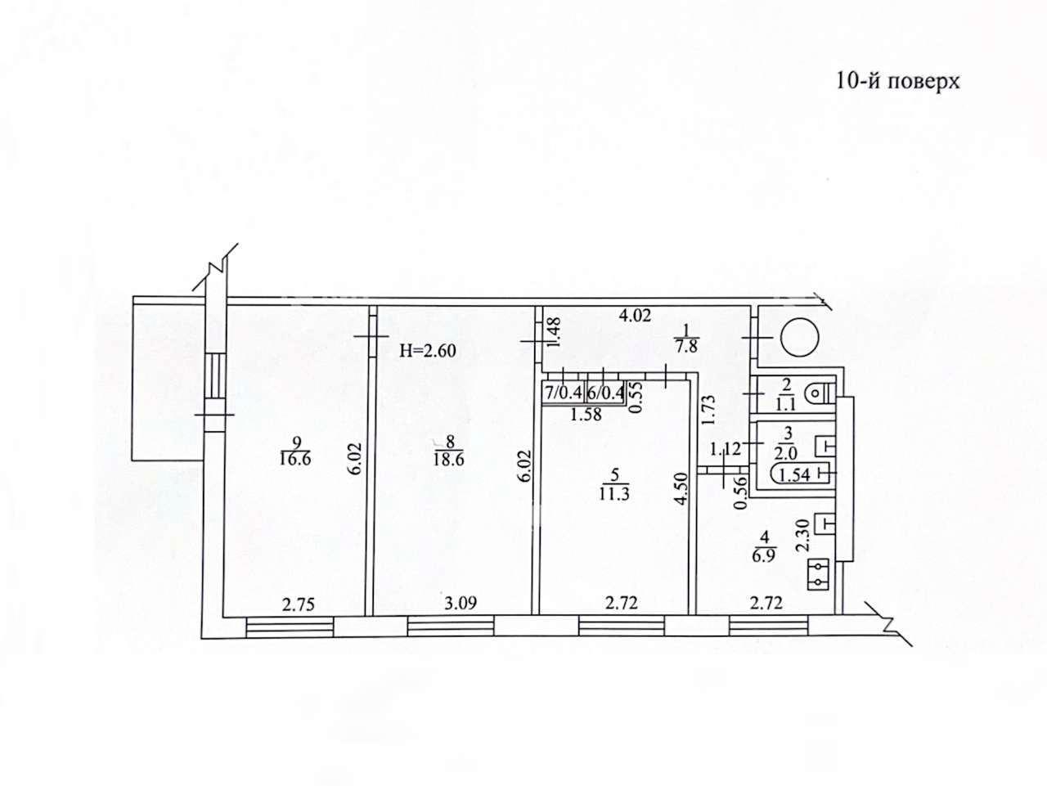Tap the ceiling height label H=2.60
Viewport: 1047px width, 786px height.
427,351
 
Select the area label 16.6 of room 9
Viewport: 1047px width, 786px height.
296,460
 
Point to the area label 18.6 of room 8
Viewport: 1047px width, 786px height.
448,460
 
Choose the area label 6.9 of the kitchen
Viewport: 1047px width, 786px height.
765,557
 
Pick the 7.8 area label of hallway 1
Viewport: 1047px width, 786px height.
686,345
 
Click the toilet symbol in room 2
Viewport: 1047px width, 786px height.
820,393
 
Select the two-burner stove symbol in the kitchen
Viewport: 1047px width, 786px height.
819,575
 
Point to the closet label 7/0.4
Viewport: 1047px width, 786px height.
564,393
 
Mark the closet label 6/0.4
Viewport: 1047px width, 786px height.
605,393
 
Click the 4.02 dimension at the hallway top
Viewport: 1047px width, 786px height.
635,315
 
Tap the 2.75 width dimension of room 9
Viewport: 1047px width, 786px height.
298,604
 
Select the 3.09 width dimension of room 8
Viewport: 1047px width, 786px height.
461,604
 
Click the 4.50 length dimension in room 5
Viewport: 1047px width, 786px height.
683,488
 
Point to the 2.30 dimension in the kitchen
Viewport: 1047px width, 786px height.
803,536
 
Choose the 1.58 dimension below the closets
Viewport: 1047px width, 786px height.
586,414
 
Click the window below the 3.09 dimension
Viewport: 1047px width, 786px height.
450,626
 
